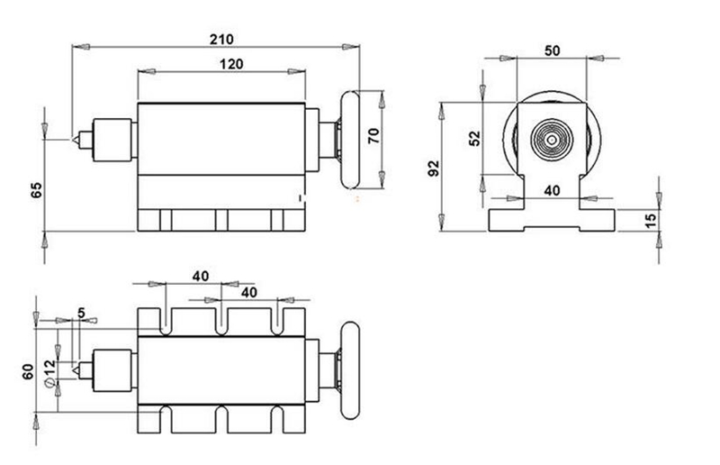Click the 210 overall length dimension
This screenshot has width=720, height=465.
click(221, 39)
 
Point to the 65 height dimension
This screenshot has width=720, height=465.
click(36, 191)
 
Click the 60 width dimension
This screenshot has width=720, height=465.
click(28, 370)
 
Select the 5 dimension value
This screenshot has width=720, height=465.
click(82, 313)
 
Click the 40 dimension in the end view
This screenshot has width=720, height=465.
click(553, 191)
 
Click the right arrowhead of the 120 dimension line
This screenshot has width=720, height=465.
click(300, 72)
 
